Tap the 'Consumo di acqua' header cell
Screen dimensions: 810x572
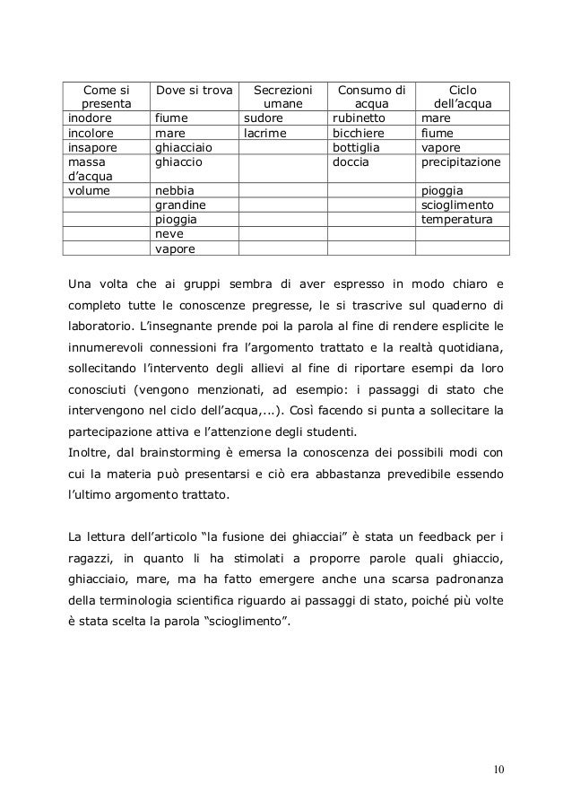pos(370,96)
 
